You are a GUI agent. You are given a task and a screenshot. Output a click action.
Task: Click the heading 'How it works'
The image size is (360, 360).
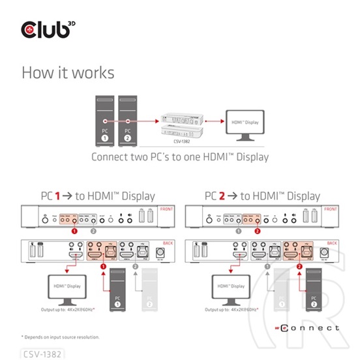67,72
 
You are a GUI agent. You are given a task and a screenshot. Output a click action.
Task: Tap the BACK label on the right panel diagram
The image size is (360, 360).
332,243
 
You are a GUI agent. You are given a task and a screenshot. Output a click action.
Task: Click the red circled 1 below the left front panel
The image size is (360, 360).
76,231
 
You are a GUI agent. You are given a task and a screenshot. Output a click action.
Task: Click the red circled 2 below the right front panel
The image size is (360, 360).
257,231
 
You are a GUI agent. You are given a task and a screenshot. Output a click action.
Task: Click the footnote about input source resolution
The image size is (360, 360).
61,337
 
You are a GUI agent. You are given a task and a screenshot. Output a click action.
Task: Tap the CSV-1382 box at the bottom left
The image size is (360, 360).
44,353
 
